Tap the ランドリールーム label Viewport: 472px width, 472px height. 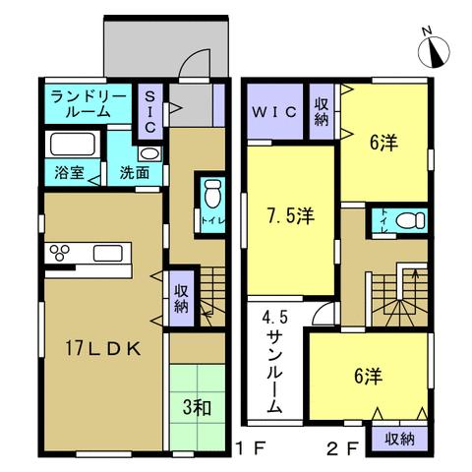(x=88, y=104)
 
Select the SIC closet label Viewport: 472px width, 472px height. (x=150, y=112)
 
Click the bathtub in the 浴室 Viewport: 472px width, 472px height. (x=72, y=144)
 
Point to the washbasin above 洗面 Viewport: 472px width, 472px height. (x=149, y=153)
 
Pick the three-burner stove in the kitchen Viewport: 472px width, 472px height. (x=59, y=253)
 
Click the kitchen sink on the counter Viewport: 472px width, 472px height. (x=108, y=253)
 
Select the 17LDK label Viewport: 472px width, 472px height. (x=103, y=349)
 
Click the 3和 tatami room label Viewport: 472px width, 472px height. (x=197, y=407)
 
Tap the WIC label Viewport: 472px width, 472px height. (x=274, y=112)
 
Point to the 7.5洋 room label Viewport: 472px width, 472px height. (x=291, y=215)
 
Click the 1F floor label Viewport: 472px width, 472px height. (x=251, y=448)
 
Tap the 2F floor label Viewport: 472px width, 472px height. (x=343, y=448)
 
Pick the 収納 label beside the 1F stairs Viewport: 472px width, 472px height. (x=181, y=299)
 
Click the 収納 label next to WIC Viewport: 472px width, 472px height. (x=322, y=112)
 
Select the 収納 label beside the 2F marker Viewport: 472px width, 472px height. (x=399, y=439)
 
